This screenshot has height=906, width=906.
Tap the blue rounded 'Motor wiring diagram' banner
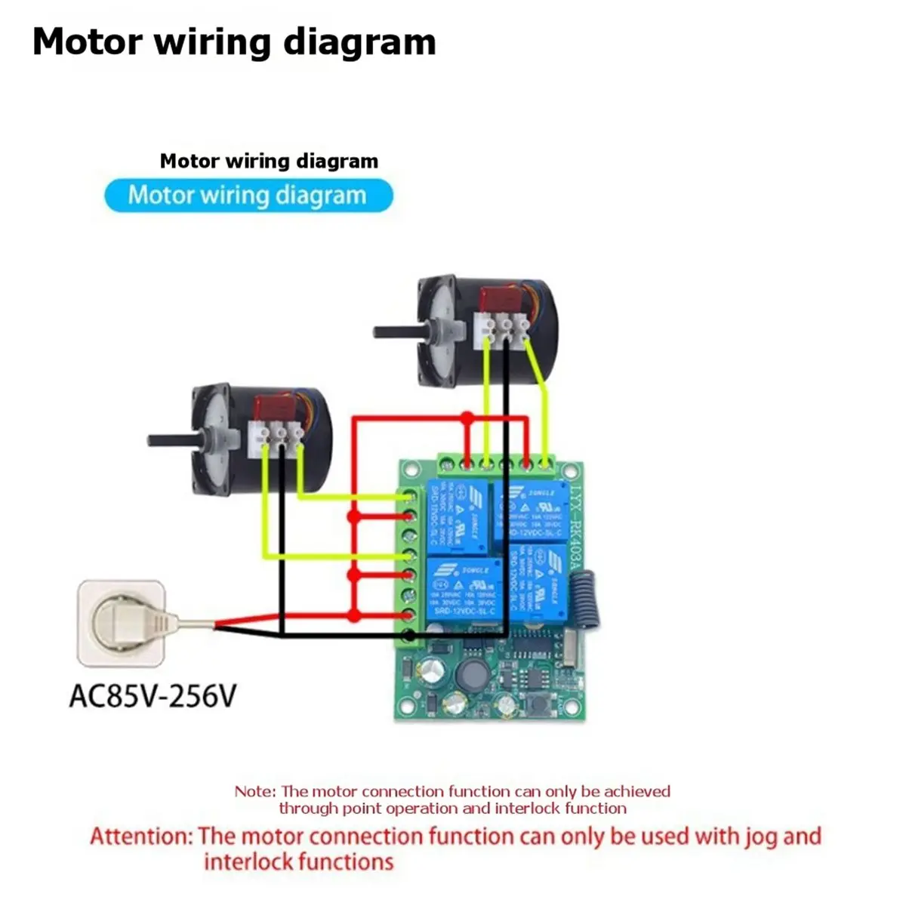(x=248, y=196)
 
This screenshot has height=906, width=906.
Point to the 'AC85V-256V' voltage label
(x=153, y=695)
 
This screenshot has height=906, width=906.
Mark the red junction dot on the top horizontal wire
(x=467, y=418)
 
